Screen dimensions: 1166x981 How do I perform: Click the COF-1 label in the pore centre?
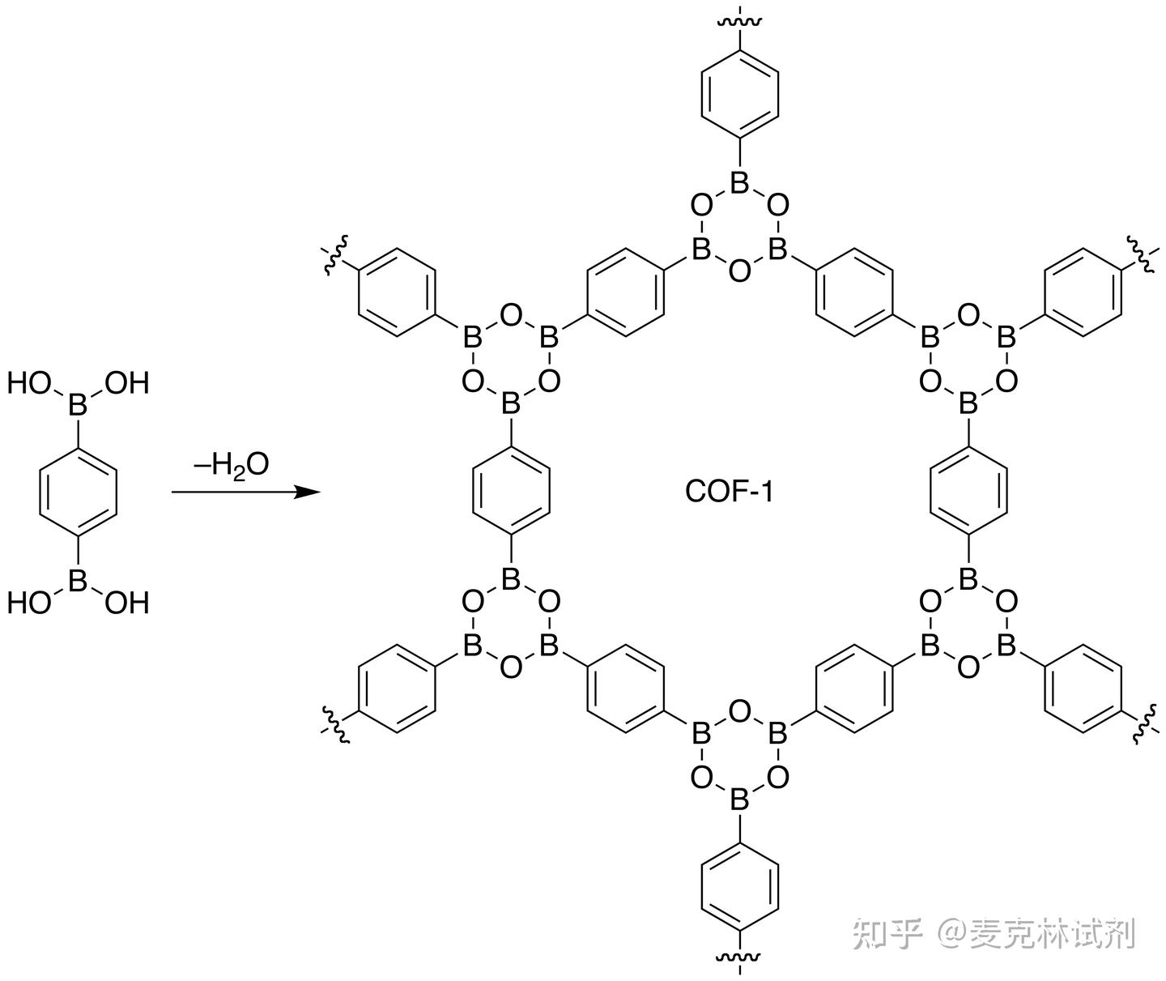click(x=729, y=491)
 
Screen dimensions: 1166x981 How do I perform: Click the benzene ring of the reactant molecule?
click(x=78, y=491)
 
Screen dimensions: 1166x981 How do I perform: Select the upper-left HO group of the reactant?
click(x=29, y=382)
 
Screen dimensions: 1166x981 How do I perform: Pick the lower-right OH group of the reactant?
click(x=127, y=603)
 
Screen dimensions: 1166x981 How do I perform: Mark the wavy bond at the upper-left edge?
click(x=333, y=258)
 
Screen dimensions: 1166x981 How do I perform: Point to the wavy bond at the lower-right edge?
click(x=1143, y=723)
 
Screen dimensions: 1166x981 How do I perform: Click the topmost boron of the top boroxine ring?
click(x=739, y=183)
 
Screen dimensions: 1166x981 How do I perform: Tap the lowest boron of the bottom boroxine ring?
click(x=739, y=800)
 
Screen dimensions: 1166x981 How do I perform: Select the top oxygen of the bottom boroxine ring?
click(x=739, y=712)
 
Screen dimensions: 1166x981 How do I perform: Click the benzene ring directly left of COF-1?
click(x=511, y=491)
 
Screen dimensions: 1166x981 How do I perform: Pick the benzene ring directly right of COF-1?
click(x=968, y=491)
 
